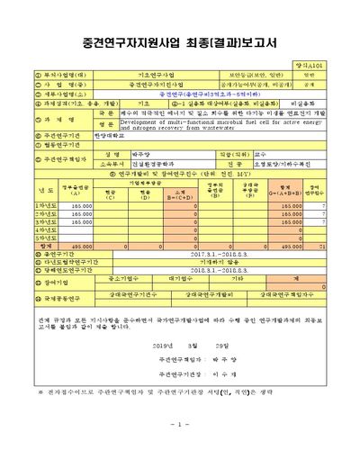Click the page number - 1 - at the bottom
coord(178,423)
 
